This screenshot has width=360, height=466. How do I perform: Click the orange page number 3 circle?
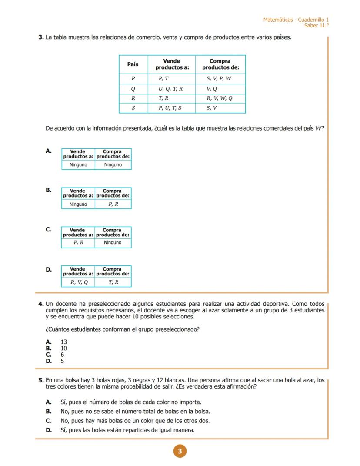pos(180,451)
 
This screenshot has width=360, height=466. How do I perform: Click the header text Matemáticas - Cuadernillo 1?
pos(296,20)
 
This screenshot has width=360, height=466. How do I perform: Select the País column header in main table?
pos(133,64)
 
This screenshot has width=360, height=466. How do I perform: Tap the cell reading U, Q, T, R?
pos(171,88)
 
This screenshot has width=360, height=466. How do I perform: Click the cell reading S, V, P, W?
pos(219,78)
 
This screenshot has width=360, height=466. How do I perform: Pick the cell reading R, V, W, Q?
pos(220,98)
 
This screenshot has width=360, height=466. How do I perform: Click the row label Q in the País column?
pos(133,88)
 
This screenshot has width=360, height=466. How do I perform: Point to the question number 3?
pos(41,37)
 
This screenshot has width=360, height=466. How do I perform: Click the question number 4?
pos(41,304)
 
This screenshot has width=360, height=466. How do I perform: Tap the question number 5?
pos(41,380)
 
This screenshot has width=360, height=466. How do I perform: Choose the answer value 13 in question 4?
pos(64,342)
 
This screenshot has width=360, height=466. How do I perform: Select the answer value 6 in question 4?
pos(62,355)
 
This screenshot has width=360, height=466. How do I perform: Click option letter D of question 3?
pos(49,269)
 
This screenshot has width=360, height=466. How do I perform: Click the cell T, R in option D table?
pos(113,282)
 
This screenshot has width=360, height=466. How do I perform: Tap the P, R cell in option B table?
pos(113,204)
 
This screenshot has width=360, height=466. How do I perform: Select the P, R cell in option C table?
pos(78,243)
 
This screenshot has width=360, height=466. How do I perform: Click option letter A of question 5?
pos(49,402)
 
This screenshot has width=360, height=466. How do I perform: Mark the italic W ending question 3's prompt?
pos(319,128)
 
